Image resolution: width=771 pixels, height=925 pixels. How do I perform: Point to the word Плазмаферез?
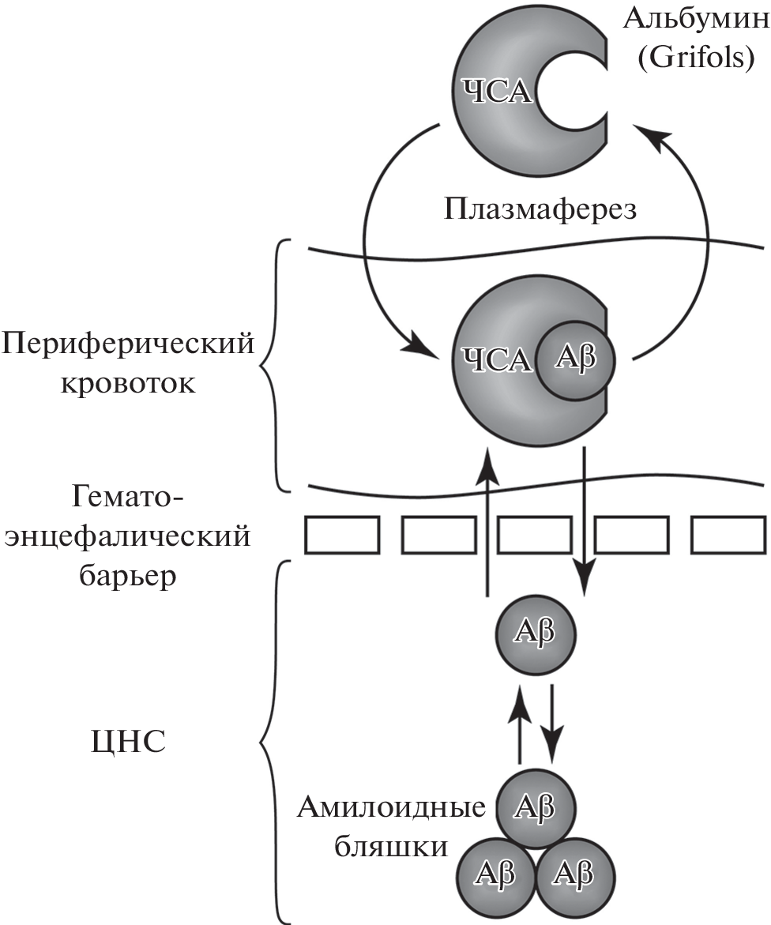(540, 209)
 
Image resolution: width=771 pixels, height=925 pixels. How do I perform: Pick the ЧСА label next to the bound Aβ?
(495, 360)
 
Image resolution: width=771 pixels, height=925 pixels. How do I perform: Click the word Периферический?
(130, 346)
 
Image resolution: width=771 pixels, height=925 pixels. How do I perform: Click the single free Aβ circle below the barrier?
(535, 632)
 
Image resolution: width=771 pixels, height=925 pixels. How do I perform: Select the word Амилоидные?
(392, 809)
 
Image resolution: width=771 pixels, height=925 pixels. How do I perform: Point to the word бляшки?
(392, 848)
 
